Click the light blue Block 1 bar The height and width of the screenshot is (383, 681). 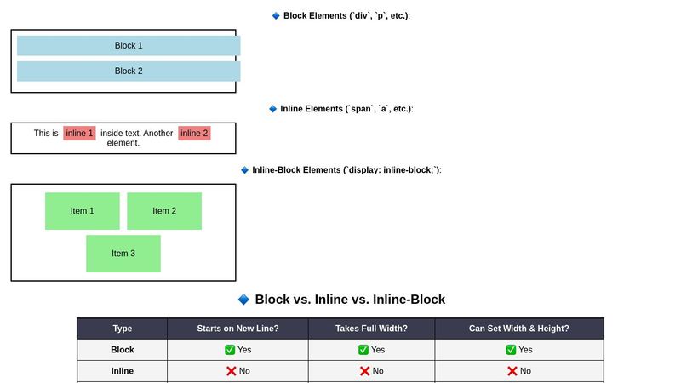(129, 46)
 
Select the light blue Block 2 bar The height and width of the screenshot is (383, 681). (129, 71)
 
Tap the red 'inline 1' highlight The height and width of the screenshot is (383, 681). (79, 134)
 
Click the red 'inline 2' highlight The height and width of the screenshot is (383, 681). (194, 134)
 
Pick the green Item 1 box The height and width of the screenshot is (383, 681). (83, 211)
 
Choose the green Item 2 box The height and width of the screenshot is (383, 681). (164, 211)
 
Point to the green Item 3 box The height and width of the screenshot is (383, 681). (123, 254)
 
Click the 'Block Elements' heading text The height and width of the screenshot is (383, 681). (346, 16)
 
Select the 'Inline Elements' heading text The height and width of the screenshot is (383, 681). (346, 109)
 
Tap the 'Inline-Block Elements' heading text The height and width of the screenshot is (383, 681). (346, 170)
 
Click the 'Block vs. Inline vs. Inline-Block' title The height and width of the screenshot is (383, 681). (350, 300)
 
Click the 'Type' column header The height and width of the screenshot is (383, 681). (123, 329)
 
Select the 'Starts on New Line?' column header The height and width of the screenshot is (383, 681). (237, 329)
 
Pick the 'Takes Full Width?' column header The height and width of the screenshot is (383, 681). (371, 329)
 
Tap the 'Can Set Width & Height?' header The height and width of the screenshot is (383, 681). (518, 329)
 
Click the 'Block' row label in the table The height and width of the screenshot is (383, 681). (123, 350)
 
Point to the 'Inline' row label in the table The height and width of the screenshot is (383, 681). (123, 371)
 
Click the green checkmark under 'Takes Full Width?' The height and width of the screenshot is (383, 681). (363, 350)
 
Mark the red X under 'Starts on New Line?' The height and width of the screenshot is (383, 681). (231, 371)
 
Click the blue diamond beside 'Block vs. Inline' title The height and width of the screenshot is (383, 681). (243, 300)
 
